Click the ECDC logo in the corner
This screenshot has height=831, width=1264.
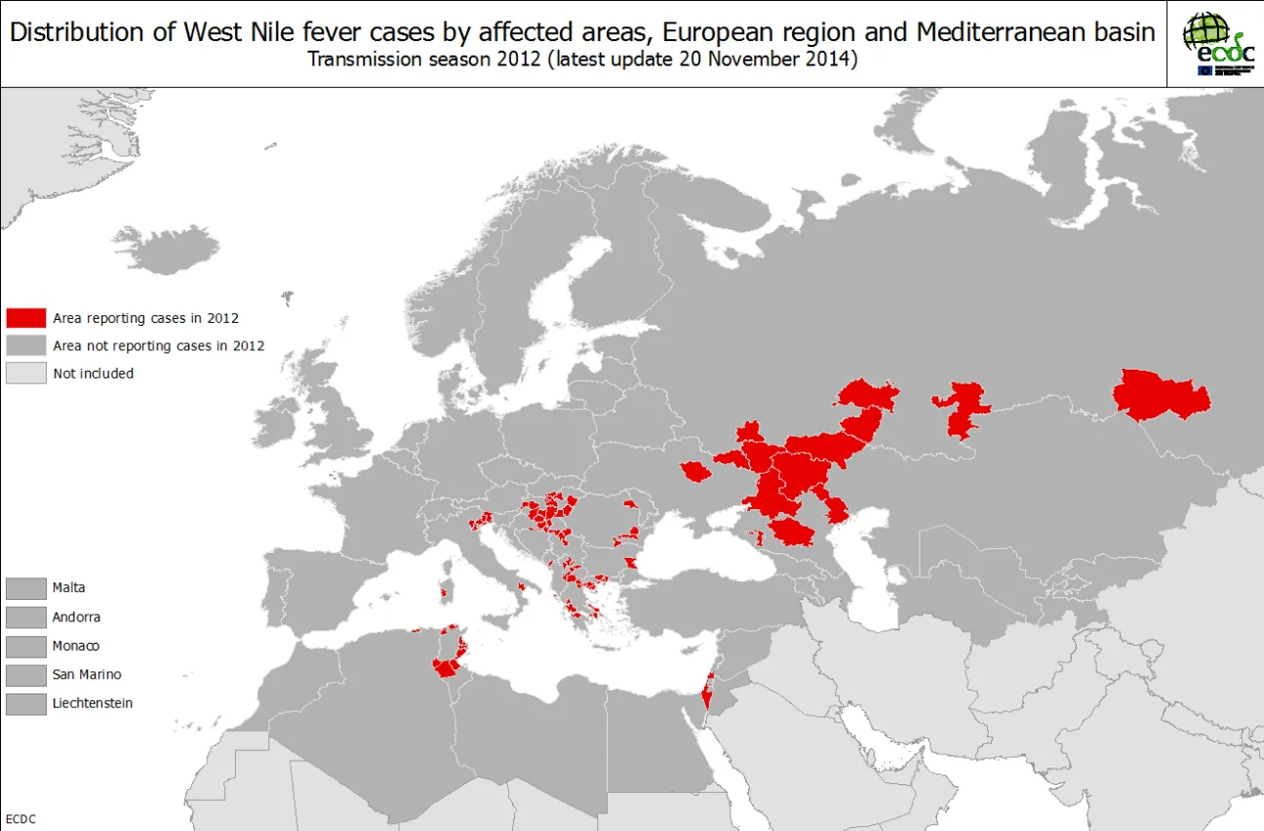(1216, 43)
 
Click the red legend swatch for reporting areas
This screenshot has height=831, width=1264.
(26, 318)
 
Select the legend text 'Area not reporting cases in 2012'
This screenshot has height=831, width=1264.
(158, 345)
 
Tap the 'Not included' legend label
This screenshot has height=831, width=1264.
(94, 374)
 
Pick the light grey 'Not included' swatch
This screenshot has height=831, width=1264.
(26, 374)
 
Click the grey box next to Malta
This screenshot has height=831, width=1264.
(26, 588)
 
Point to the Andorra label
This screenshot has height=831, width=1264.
(76, 617)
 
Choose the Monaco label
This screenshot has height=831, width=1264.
(75, 646)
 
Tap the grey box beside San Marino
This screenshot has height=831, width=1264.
(26, 675)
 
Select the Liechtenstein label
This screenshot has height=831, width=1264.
(93, 703)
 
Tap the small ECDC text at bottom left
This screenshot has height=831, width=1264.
(20, 819)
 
